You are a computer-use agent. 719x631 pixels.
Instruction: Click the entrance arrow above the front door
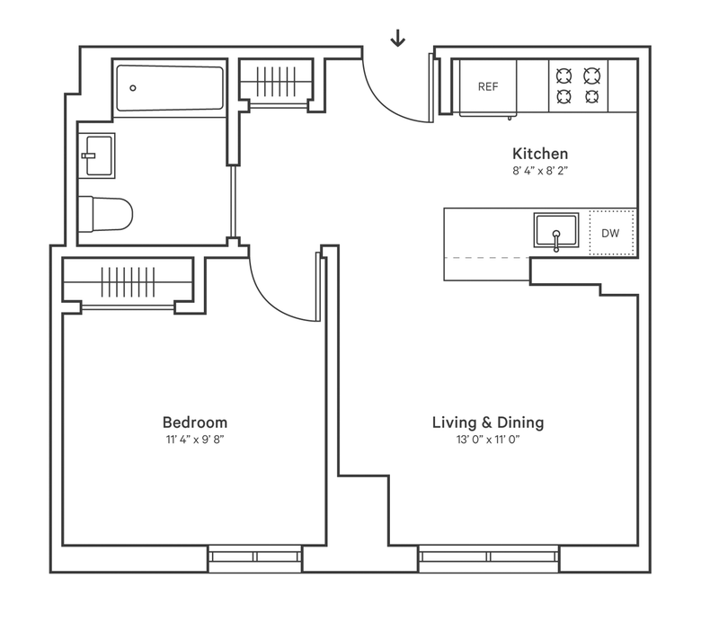(x=397, y=38)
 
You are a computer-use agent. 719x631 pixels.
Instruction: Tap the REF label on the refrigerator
(x=488, y=86)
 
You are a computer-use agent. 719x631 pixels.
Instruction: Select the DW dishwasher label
(x=610, y=233)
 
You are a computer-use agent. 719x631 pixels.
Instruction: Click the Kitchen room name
(x=540, y=153)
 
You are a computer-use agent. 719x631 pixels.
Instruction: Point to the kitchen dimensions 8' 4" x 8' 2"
(x=540, y=171)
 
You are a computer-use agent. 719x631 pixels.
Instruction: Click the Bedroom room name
(x=195, y=422)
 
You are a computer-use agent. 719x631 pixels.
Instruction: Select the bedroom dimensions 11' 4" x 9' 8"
(x=195, y=440)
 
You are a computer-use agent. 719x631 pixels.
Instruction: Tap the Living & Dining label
(x=488, y=422)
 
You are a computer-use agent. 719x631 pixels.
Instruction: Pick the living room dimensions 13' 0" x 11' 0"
(x=488, y=440)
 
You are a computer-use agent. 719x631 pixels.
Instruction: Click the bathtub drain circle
(x=133, y=88)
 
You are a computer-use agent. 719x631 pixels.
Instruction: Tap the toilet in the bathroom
(x=106, y=214)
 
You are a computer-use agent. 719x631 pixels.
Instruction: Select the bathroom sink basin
(x=99, y=156)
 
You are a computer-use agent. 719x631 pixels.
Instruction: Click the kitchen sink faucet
(x=556, y=241)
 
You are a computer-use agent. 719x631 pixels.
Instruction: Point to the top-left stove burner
(x=564, y=76)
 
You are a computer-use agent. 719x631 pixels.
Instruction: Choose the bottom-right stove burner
(x=592, y=97)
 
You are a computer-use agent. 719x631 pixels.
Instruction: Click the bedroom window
(x=255, y=558)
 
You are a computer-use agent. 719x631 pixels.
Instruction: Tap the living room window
(x=489, y=558)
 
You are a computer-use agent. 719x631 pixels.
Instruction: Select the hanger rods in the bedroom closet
(x=128, y=282)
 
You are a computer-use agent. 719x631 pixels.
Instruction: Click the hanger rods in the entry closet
(x=275, y=82)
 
